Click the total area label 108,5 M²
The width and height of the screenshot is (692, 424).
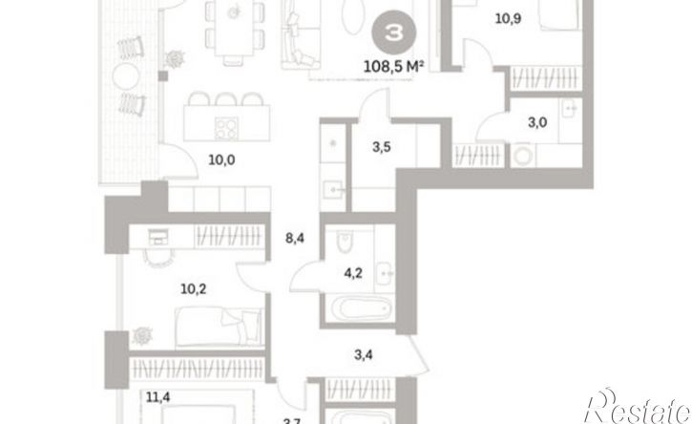[x=393, y=67]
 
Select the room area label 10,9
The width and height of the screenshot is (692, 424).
[x=508, y=18]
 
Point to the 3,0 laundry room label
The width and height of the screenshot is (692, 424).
[x=537, y=122]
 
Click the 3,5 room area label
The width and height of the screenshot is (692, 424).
[x=381, y=147]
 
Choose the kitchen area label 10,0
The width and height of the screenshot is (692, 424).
[x=221, y=159]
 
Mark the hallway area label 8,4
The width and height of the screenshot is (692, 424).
[x=295, y=239]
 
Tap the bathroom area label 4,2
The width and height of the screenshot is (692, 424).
[x=353, y=273]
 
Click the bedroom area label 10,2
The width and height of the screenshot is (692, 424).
[x=194, y=289]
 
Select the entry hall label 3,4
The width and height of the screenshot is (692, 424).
[x=364, y=354]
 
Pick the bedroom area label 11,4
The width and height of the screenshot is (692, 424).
[x=158, y=397]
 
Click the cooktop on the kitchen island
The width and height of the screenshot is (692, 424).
[x=226, y=129]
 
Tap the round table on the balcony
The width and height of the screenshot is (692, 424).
[x=126, y=76]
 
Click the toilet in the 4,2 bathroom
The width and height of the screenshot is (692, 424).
[x=345, y=242]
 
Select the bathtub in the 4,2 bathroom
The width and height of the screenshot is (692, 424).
[x=360, y=307]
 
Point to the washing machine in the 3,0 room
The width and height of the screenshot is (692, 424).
[x=524, y=156]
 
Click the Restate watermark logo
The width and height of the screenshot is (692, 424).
[x=638, y=407]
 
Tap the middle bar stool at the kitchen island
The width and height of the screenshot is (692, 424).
[x=226, y=98]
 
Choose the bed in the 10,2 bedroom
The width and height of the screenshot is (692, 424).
[x=220, y=328]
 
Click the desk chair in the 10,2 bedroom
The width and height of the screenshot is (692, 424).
[x=158, y=259]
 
